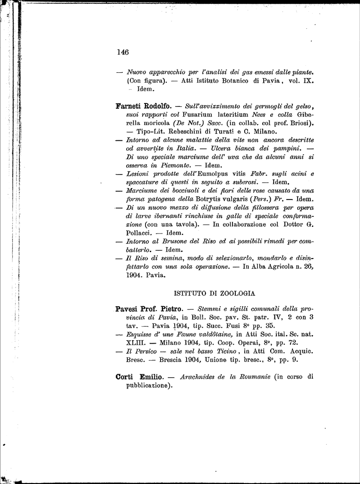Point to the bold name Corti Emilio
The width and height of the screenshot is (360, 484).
139,377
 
